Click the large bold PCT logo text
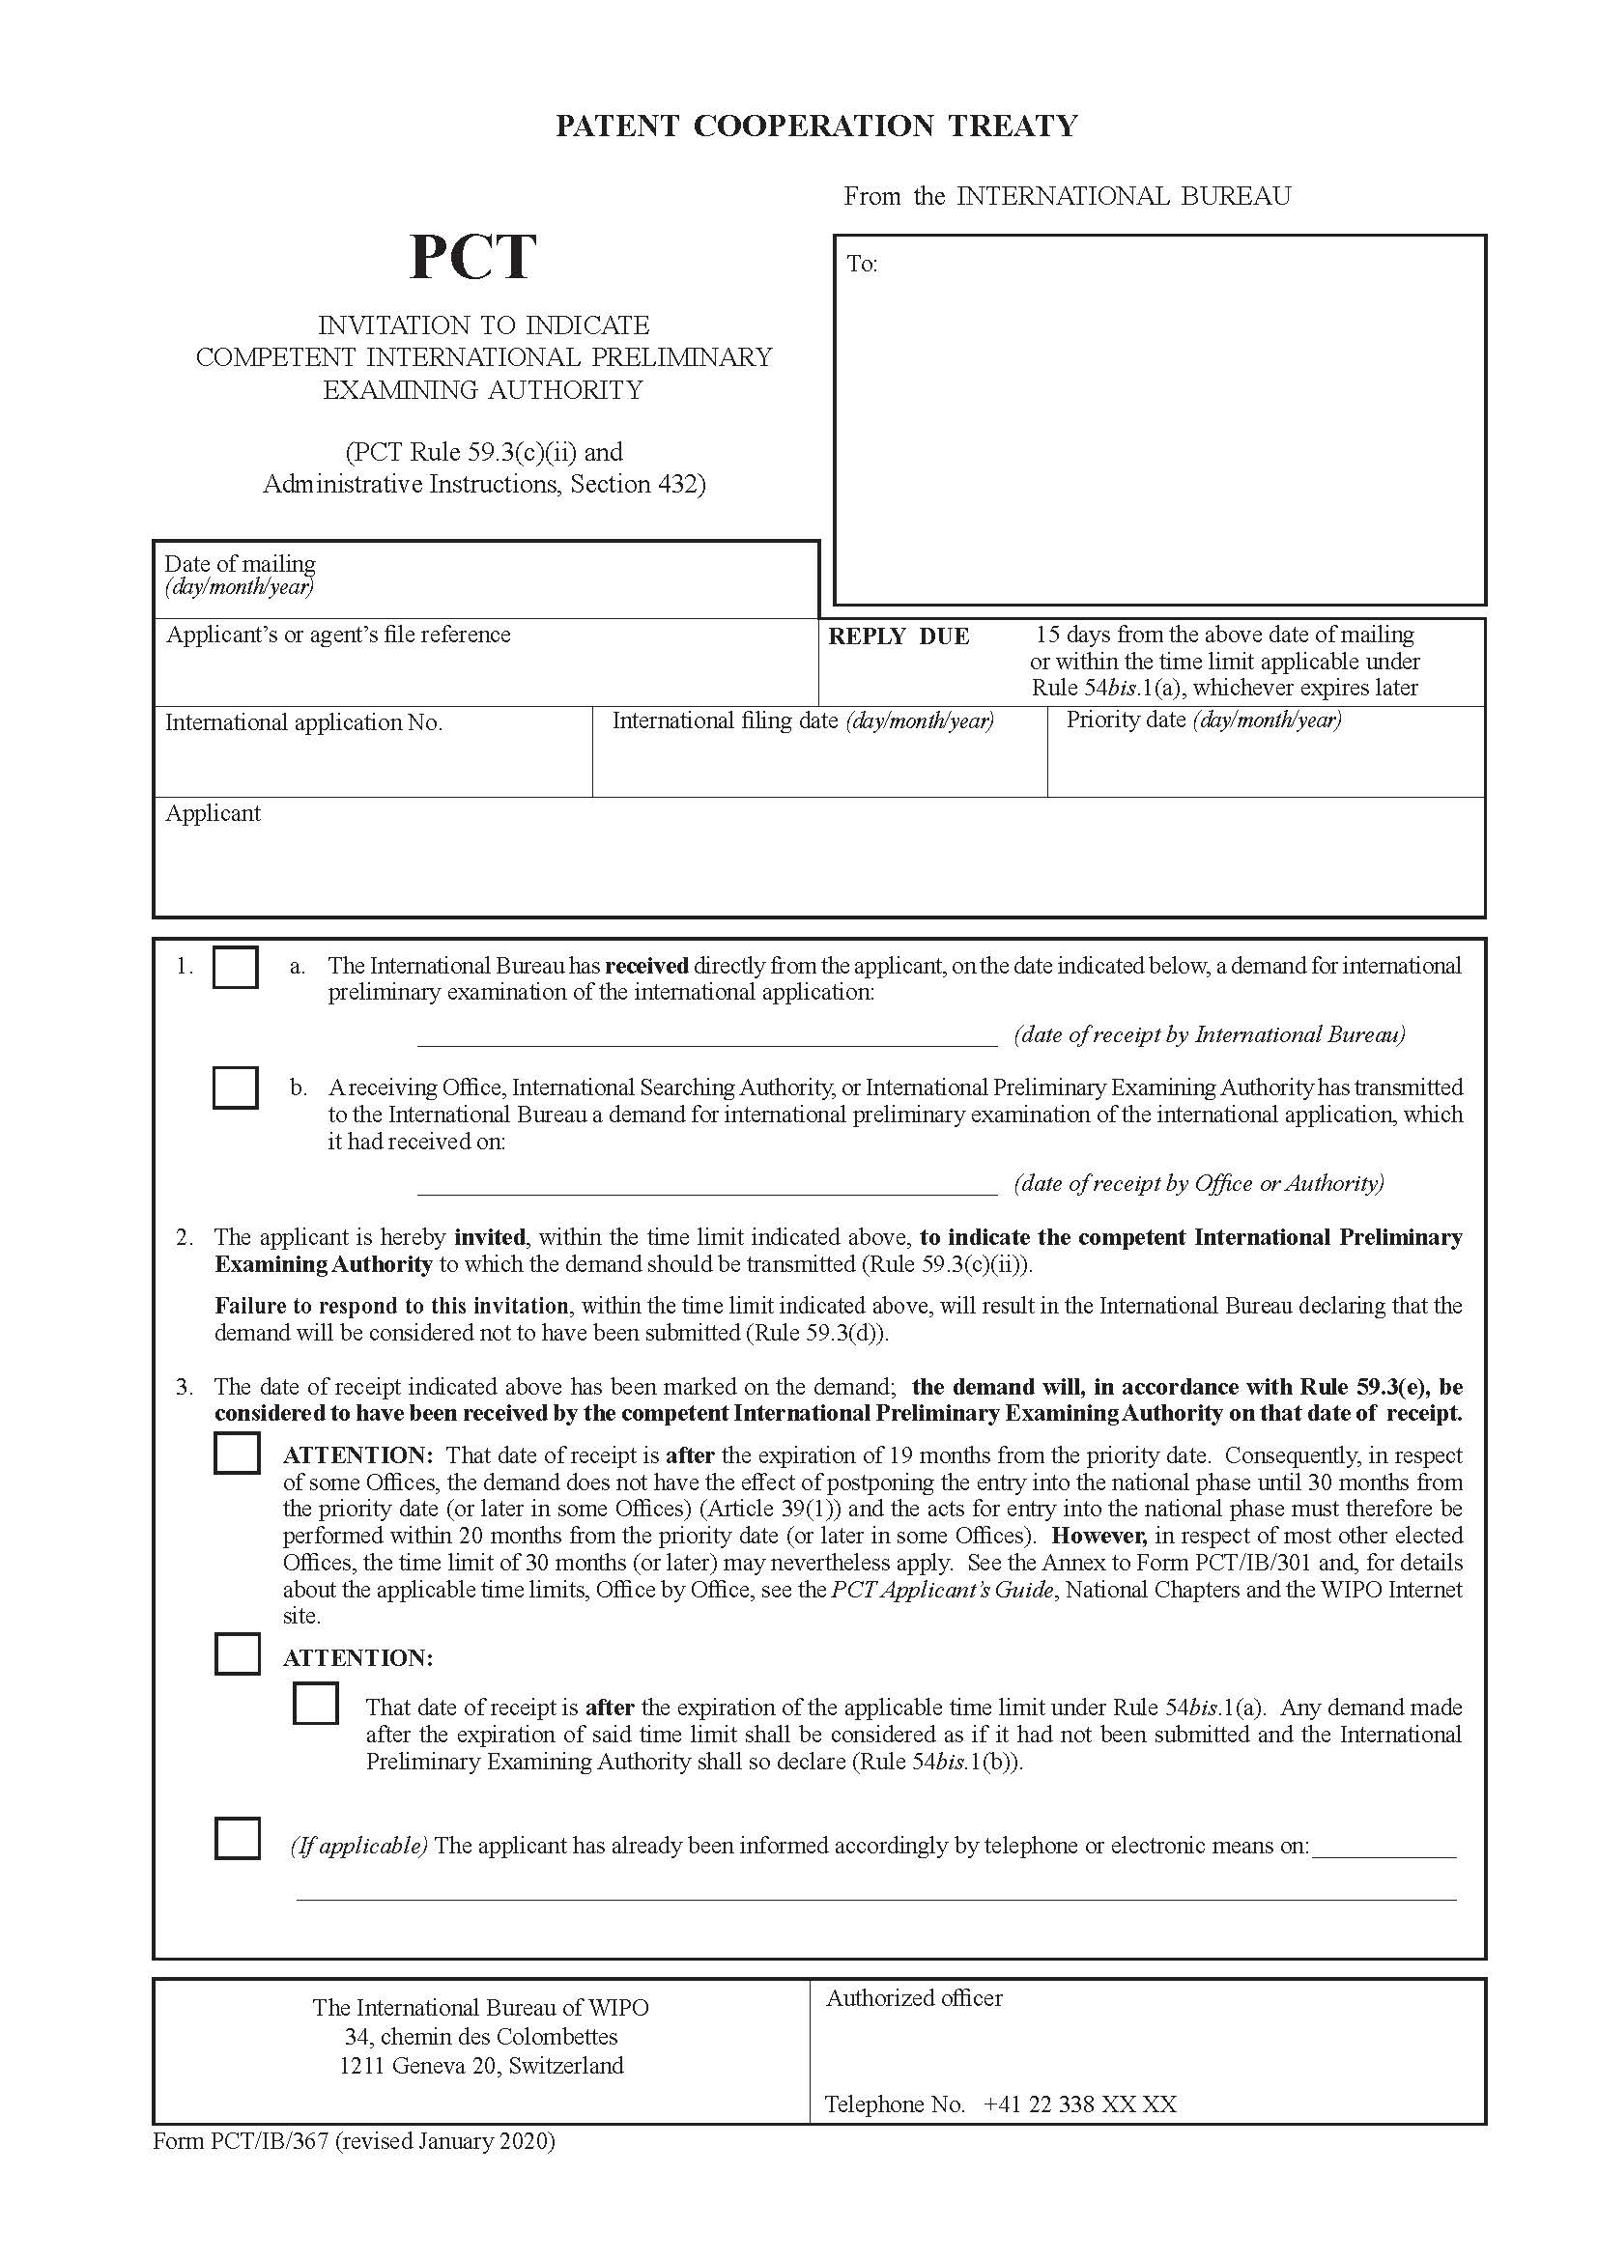472,258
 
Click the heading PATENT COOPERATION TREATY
816,126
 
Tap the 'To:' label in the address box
862,264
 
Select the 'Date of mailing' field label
241,564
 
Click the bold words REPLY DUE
899,636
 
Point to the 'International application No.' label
304,722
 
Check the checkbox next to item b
235,1087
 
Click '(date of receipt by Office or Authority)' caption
1198,1183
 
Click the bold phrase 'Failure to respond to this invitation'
391,1306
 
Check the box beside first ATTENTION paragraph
237,1454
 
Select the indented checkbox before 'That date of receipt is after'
315,1702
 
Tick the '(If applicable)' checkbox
237,1838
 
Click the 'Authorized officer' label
914,1998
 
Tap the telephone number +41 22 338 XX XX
1079,2104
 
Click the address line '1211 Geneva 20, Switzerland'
481,2065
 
